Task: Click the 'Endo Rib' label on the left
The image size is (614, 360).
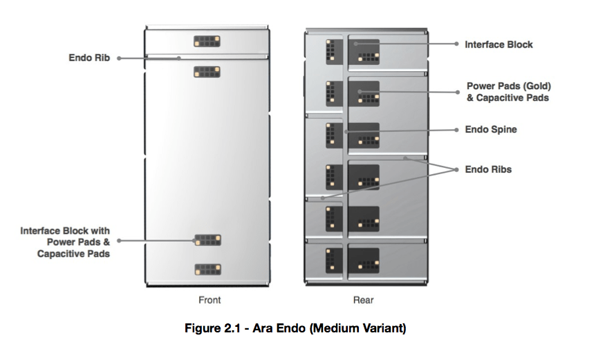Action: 89,58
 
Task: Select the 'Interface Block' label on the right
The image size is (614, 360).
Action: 499,44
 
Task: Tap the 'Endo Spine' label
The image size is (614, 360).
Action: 490,129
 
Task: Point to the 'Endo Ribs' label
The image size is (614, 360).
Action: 488,169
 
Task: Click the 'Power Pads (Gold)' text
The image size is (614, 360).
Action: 508,86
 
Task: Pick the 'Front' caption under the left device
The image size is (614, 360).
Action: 210,300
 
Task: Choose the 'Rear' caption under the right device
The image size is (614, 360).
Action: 363,300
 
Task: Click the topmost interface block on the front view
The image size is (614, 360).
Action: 207,41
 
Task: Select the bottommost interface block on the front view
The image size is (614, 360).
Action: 207,269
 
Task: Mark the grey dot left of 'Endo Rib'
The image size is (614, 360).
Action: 119,58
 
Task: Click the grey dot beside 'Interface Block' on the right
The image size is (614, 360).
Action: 456,44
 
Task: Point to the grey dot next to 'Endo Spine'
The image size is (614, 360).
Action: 456,129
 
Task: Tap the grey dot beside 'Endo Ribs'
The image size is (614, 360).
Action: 456,169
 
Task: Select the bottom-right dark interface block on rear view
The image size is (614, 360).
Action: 364,260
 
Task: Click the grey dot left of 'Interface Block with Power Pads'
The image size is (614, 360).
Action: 119,241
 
